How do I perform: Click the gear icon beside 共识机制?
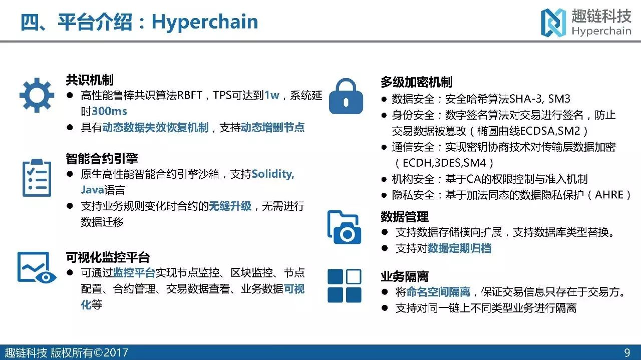click(37, 95)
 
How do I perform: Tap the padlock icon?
click(346, 97)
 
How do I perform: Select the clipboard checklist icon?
click(37, 178)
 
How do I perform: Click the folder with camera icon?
click(344, 227)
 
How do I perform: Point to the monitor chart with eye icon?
click(37, 267)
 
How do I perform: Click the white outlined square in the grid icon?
click(354, 276)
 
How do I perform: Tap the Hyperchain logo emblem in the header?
click(553, 23)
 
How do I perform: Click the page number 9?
click(627, 352)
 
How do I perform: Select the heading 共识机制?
click(90, 80)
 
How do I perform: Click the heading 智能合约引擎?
click(102, 159)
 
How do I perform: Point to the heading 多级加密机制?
click(416, 82)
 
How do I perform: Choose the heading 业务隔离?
click(405, 276)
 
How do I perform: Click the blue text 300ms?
click(109, 111)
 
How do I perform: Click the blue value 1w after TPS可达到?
click(271, 95)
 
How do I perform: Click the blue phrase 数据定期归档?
click(459, 248)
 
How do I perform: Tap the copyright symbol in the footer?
click(98, 352)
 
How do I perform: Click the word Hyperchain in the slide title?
click(205, 22)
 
